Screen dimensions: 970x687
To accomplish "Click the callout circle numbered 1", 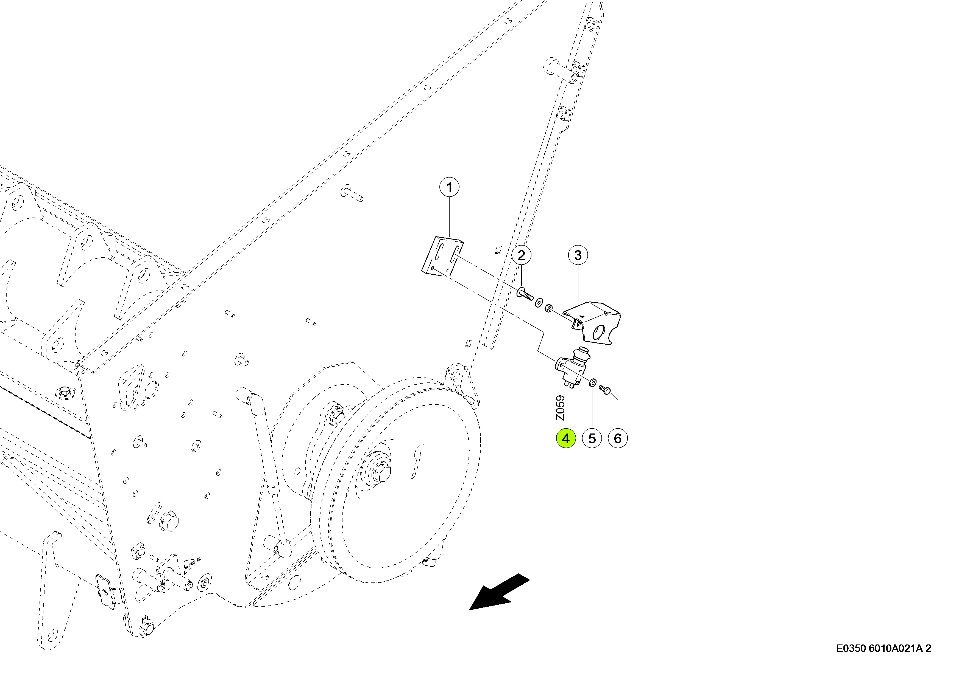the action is (449, 187).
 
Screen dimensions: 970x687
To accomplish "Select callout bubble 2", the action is (521, 255).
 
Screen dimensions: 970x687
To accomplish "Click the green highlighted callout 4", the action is (566, 439).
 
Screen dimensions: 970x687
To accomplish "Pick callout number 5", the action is (592, 439).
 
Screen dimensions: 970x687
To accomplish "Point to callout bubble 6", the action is (618, 439).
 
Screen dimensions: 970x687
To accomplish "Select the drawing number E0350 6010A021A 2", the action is (883, 649).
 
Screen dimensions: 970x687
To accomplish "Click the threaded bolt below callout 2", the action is (525, 294).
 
